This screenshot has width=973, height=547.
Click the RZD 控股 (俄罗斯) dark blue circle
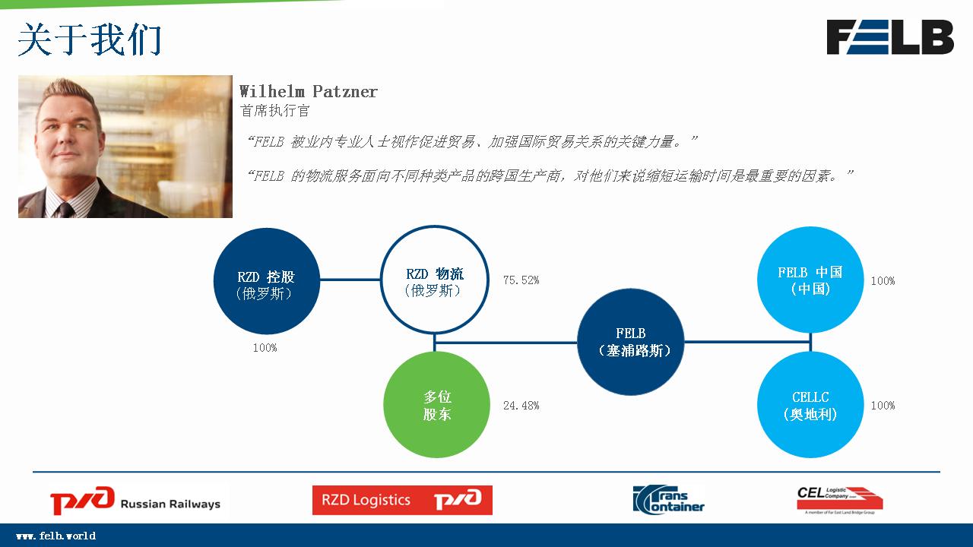tap(266, 281)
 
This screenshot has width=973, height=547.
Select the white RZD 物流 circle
tap(435, 280)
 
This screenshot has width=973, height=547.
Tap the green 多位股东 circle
tap(436, 405)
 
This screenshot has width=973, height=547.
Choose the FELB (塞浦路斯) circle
tap(631, 342)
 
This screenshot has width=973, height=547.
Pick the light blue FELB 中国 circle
tap(810, 280)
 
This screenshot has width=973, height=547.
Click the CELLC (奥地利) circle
tap(810, 405)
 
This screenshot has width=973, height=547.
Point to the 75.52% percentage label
tap(521, 280)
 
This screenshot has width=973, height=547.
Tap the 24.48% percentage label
tap(521, 406)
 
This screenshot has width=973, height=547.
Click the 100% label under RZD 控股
tap(265, 348)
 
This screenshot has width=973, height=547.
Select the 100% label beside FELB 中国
tap(883, 281)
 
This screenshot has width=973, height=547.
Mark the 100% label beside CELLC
tap(883, 406)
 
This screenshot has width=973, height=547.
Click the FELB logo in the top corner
tap(890, 37)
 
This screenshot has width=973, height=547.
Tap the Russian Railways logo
tap(135, 501)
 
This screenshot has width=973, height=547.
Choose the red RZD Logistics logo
tap(402, 500)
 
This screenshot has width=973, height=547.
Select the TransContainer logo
tap(668, 500)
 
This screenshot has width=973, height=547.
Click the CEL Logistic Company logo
tap(840, 500)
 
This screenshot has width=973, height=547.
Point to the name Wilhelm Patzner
tap(309, 92)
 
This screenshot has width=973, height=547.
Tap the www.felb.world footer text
tap(56, 536)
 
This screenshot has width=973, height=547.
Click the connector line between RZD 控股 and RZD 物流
tap(350, 280)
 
